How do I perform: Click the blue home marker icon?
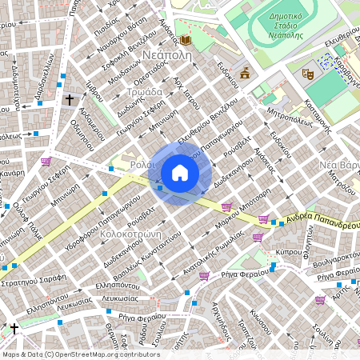tap(180, 173)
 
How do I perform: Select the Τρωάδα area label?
tap(143, 93)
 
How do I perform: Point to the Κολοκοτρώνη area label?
tap(127, 234)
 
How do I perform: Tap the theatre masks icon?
tap(306, 73)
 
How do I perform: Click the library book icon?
tap(186, 40)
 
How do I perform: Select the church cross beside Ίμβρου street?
tap(70, 100)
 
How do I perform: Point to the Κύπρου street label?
tap(287, 251)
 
